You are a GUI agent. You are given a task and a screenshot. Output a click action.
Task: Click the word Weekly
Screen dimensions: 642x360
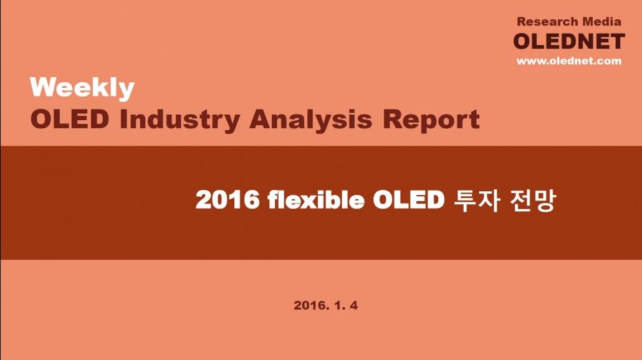tap(82, 88)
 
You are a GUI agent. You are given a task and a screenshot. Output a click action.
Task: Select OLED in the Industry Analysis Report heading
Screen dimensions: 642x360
tap(70, 119)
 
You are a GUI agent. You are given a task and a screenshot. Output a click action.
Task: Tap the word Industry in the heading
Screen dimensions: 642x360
tap(180, 120)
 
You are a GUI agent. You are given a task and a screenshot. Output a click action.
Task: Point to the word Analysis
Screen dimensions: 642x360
tap(311, 120)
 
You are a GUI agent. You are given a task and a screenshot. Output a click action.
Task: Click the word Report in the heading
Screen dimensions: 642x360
tap(431, 120)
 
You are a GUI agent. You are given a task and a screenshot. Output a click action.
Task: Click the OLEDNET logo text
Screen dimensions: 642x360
tap(569, 41)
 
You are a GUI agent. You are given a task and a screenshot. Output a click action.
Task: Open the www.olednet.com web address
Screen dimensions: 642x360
tap(569, 61)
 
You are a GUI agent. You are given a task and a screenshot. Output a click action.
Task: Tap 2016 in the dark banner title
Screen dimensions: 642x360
tap(228, 200)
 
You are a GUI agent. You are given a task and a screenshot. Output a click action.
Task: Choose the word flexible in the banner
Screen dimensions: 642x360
tap(316, 200)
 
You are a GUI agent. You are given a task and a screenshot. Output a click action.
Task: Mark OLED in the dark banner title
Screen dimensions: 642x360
tap(409, 200)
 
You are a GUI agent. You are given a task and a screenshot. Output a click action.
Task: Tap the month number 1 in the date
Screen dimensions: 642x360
tap(338, 305)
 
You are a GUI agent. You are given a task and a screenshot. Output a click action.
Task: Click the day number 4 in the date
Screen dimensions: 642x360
tap(354, 305)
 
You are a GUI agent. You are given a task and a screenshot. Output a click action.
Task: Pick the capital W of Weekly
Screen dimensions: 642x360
tap(44, 87)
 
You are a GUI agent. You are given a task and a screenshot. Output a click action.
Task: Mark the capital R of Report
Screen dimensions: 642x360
tap(393, 119)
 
